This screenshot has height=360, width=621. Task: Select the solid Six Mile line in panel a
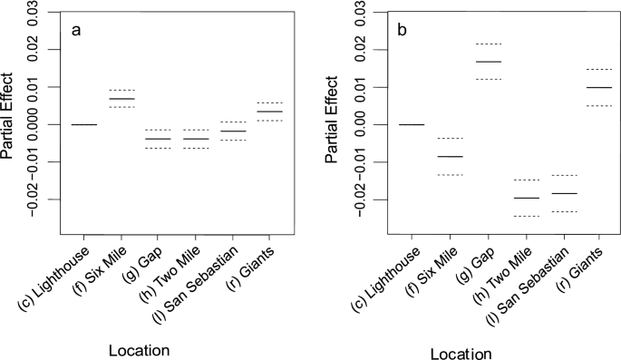coord(121,98)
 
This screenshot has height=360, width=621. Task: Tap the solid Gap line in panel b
coord(488,62)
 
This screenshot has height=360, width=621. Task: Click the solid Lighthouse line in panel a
coord(84,124)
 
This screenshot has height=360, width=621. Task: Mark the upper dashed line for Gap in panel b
coord(488,44)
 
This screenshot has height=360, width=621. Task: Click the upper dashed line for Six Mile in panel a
coord(121,90)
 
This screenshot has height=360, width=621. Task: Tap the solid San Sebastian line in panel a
coord(234,131)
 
